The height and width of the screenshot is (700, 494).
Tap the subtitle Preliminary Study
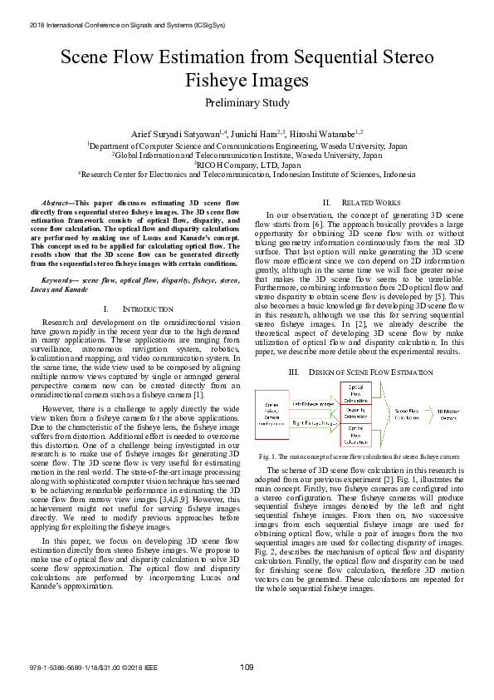tap(247, 103)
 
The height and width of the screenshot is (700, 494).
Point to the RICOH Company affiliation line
tap(247, 165)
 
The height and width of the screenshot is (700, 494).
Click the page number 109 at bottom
tap(247, 667)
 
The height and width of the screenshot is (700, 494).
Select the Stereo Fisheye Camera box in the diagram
tap(273, 410)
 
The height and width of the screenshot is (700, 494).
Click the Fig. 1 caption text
tap(359, 457)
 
